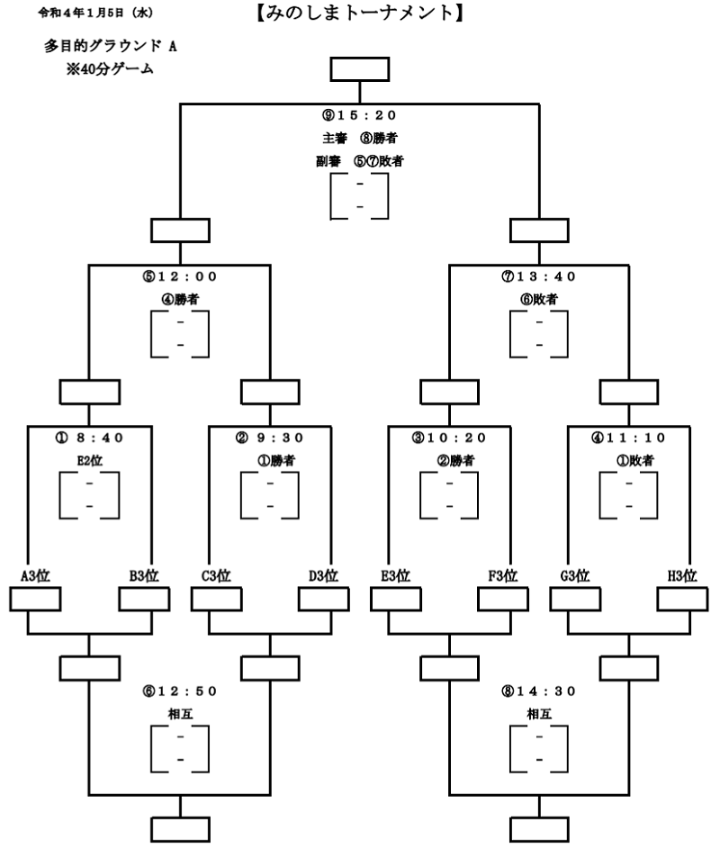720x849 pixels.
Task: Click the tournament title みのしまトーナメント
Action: coord(359,13)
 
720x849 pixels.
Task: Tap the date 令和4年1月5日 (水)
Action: coord(95,13)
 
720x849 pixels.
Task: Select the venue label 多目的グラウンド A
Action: coord(111,46)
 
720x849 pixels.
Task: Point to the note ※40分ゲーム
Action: coord(110,68)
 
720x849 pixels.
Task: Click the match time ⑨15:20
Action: coord(359,115)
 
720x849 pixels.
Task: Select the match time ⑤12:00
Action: coord(180,276)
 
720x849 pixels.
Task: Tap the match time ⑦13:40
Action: coord(538,276)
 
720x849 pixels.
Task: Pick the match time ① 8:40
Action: coord(89,438)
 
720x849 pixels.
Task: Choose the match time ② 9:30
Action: coord(270,438)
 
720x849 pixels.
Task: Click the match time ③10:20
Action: coord(449,438)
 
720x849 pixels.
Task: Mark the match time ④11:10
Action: coord(628,438)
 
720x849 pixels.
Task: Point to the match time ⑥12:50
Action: coord(180,691)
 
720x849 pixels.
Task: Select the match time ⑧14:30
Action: coord(538,691)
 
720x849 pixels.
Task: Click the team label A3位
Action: coord(35,575)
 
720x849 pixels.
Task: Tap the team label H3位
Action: coord(682,575)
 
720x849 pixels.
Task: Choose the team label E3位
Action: coord(396,575)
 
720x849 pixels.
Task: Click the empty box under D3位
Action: coord(324,600)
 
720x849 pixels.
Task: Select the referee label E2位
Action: coord(89,461)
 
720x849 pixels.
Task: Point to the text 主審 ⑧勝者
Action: coord(359,139)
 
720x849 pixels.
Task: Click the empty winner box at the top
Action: coord(359,69)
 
